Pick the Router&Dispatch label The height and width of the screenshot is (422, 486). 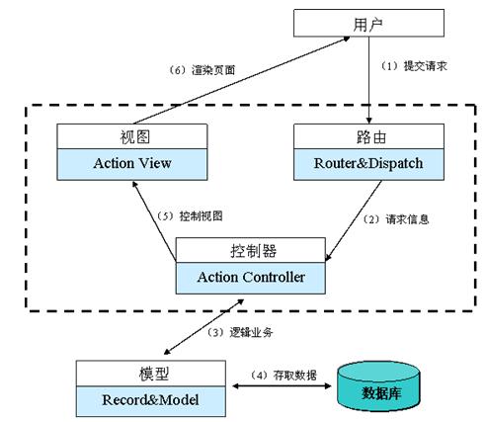[x=369, y=162]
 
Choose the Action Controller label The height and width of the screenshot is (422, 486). [x=251, y=277]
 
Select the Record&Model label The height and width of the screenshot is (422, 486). [x=150, y=401]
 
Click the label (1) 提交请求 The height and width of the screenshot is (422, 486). [x=409, y=65]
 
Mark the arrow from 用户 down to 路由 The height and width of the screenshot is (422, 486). [x=369, y=79]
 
